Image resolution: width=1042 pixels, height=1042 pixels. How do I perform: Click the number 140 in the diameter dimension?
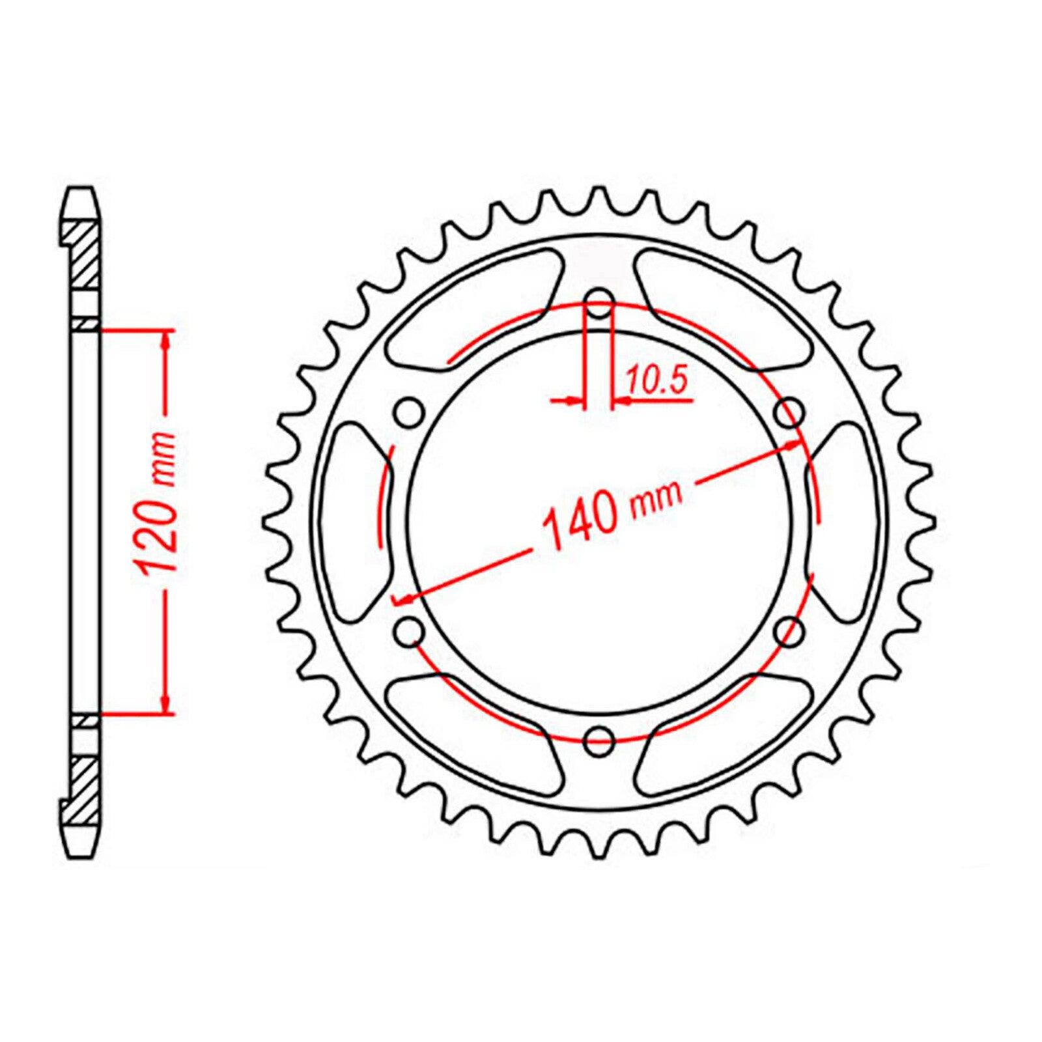[580, 521]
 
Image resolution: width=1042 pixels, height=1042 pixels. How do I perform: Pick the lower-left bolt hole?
[409, 630]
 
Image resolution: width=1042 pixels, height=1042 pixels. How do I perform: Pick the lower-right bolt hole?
[791, 630]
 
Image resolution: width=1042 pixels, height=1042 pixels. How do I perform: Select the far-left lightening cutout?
[355, 521]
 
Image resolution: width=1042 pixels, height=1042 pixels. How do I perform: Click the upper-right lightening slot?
[723, 306]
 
